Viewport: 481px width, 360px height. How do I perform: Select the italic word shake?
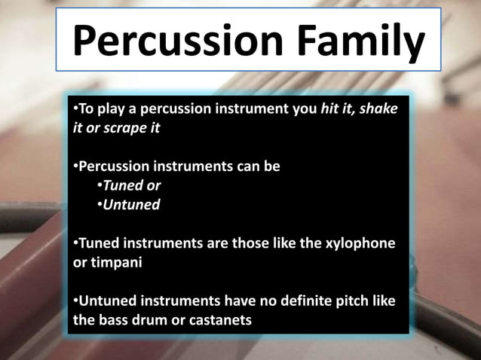click(378, 110)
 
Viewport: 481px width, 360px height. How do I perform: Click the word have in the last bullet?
click(221, 301)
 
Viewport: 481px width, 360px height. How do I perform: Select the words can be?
click(257, 166)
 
